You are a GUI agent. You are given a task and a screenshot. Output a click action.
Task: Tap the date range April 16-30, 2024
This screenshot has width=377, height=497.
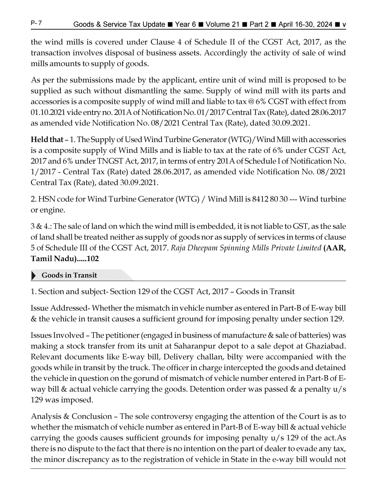(x=305, y=25)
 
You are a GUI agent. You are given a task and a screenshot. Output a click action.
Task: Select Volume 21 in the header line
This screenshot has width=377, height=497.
(x=222, y=25)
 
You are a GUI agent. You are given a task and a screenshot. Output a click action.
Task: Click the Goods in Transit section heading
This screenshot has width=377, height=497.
(x=69, y=275)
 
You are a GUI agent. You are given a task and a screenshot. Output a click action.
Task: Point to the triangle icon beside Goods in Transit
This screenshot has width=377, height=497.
(x=34, y=276)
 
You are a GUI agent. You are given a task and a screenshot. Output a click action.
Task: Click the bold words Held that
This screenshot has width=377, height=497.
(x=47, y=140)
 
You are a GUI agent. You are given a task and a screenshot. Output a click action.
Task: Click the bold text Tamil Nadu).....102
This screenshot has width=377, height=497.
(x=65, y=259)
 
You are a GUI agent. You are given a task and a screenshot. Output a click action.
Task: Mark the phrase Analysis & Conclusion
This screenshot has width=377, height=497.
(x=71, y=416)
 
